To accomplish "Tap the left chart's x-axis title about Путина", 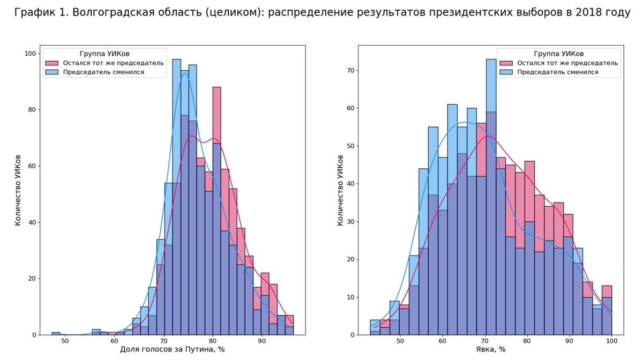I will pos(173,350).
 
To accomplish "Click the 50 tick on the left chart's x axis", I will pos(65,341).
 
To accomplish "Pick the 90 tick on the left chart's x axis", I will pos(261,341).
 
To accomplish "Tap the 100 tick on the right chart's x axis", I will pos(611,341).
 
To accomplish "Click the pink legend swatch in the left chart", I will pos(51,63).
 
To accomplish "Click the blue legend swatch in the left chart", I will pos(51,72).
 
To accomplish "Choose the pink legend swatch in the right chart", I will pos(506,63).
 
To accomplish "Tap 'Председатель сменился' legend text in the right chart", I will pos(557,72).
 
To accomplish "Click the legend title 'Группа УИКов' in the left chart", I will pos(104,54).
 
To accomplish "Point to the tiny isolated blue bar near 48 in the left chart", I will pos(56,333).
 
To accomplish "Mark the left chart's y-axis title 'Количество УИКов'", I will pos(18,190).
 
